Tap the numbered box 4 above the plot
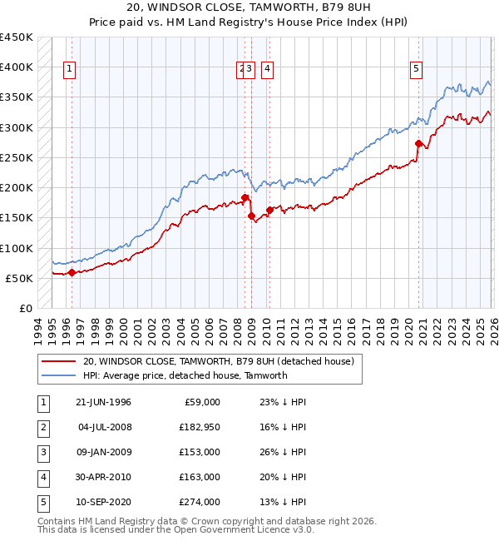268,69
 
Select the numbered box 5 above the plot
415,69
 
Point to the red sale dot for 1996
72,272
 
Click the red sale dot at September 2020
418,143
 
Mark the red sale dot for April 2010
269,210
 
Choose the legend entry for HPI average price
185,375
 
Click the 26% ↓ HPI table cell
277,452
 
